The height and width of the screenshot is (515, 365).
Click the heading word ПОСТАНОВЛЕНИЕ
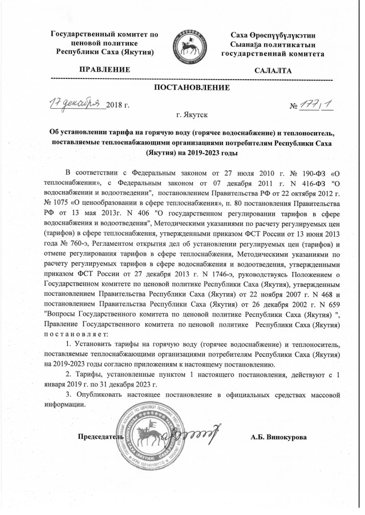tap(192, 88)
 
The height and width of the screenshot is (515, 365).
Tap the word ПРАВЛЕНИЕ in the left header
tap(104, 70)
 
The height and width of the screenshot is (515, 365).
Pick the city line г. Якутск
tap(192, 116)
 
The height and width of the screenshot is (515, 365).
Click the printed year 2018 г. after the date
tap(118, 105)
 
